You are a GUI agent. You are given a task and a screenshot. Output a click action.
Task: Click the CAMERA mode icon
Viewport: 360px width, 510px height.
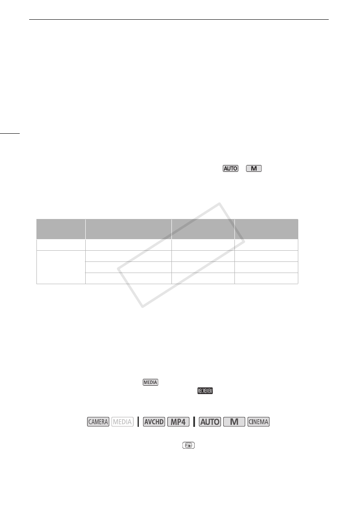(x=98, y=422)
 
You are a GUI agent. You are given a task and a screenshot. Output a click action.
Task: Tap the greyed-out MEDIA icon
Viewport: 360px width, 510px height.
(x=123, y=422)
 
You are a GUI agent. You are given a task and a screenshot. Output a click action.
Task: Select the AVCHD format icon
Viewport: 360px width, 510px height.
(x=154, y=422)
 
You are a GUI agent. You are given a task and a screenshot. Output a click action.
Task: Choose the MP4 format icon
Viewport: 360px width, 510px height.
(x=178, y=422)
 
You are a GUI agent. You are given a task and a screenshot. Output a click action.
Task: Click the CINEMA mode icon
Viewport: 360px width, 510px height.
(x=258, y=422)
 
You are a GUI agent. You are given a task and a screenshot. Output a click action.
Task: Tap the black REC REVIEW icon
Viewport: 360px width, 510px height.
(x=205, y=391)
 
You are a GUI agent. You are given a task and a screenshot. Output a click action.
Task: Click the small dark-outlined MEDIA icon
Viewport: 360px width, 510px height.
(x=150, y=382)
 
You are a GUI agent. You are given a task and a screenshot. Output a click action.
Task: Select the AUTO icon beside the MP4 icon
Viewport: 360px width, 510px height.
(x=210, y=422)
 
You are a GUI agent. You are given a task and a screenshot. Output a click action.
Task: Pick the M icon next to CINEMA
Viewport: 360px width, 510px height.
(x=234, y=422)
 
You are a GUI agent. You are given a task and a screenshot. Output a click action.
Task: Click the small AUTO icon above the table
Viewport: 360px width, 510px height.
(x=230, y=168)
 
